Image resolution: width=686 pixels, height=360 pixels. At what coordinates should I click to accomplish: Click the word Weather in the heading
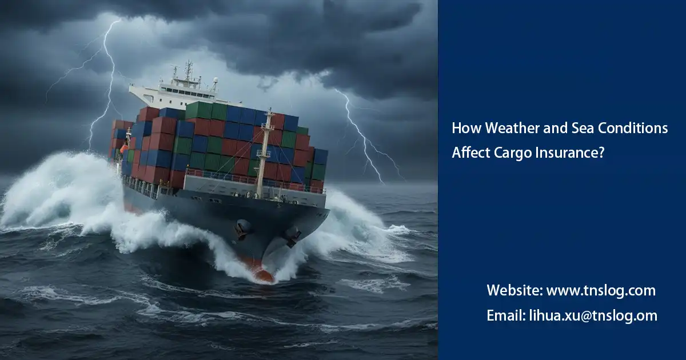[x=504, y=128]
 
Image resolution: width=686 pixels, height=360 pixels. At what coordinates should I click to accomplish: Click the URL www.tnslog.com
[x=601, y=290]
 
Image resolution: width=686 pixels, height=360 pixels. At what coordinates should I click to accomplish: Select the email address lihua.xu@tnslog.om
[x=592, y=315]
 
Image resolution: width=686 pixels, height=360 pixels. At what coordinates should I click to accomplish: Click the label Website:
[x=514, y=290]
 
